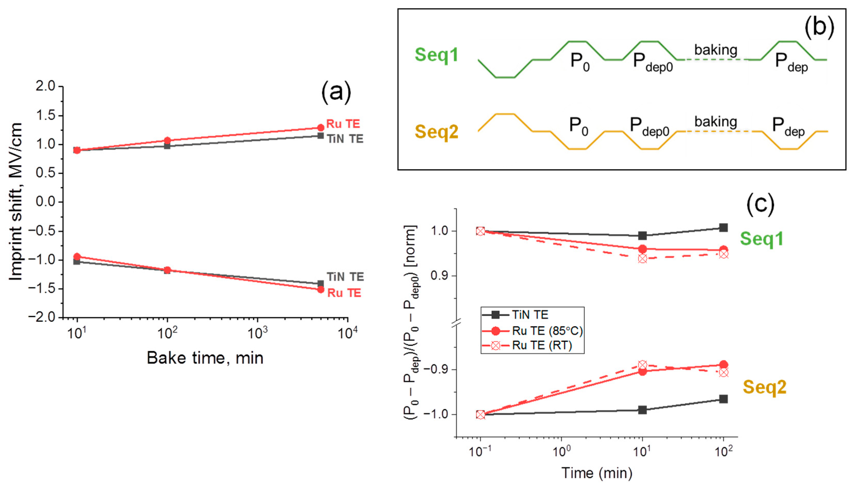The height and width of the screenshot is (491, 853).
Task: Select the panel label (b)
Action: (819, 27)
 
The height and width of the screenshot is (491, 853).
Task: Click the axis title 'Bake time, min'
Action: (205, 358)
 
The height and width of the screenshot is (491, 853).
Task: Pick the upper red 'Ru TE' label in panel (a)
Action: (343, 124)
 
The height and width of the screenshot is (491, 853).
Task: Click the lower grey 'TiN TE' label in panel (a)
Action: (345, 277)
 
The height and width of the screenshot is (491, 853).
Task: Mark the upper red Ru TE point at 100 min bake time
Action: (167, 141)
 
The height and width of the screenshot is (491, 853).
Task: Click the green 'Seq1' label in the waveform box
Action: (436, 55)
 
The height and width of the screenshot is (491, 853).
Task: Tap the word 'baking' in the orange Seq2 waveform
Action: (716, 122)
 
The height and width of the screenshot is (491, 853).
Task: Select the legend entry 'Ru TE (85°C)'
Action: (547, 331)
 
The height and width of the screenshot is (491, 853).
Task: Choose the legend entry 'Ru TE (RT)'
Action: (542, 346)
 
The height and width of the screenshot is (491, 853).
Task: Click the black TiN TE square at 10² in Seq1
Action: (723, 228)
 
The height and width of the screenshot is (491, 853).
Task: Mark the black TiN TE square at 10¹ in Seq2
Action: (642, 410)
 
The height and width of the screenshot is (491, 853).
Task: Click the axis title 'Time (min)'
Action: (597, 473)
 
